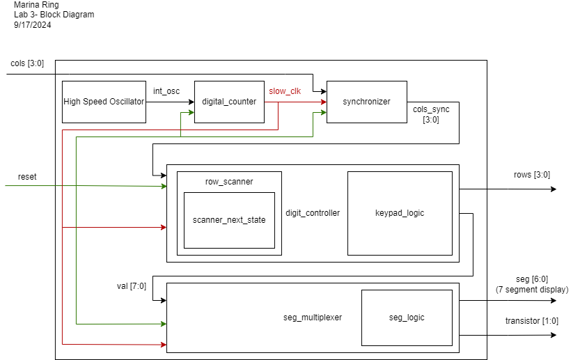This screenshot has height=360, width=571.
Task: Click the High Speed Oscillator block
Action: point(104,102)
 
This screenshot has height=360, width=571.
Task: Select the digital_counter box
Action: point(229,102)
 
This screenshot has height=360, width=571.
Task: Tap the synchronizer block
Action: point(367,102)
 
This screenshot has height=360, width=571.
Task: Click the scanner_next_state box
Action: point(229,220)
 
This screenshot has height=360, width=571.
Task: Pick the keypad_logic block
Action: point(400,213)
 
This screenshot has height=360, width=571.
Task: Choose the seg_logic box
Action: point(407,318)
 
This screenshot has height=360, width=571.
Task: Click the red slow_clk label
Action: point(285,91)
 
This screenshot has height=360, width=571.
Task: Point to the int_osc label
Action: point(166,91)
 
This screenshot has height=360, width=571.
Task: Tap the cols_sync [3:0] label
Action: point(431,114)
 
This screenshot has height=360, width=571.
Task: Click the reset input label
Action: point(27,177)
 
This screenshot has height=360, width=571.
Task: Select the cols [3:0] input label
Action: point(27,63)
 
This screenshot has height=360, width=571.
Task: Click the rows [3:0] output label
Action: point(532,175)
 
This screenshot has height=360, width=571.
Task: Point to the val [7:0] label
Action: point(132,286)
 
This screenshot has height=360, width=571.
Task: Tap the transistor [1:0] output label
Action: point(532,321)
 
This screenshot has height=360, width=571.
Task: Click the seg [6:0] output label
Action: point(532,279)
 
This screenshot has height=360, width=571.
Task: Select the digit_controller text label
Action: point(313,213)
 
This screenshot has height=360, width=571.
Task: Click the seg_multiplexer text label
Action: point(313,318)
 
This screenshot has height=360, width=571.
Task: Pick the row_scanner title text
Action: point(229,182)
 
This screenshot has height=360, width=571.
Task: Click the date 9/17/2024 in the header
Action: point(33,25)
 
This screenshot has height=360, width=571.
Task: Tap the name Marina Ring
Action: point(36,5)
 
